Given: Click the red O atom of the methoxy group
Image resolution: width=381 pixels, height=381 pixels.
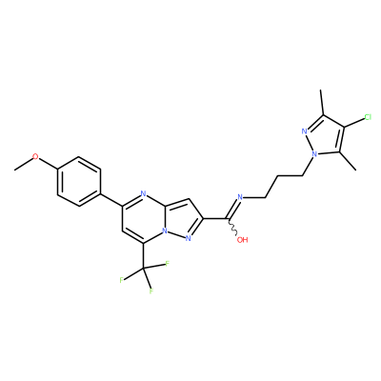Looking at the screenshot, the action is click(x=35, y=157).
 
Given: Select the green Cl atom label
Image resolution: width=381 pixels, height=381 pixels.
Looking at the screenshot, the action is click(x=368, y=117).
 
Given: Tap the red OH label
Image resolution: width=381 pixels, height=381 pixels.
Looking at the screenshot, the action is click(x=243, y=240).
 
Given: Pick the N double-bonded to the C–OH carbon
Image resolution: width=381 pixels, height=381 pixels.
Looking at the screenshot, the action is click(x=240, y=197).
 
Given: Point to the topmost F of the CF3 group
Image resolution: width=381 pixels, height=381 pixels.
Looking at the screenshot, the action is click(x=167, y=264).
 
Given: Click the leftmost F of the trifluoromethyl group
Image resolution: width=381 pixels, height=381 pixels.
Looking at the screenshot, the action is click(x=121, y=280).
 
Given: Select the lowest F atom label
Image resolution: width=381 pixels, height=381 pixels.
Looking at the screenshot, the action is click(x=151, y=291).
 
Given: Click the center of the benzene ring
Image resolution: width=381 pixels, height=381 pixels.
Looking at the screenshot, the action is click(x=79, y=181).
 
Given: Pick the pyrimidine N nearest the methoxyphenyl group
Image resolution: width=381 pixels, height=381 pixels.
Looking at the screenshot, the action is click(x=143, y=193).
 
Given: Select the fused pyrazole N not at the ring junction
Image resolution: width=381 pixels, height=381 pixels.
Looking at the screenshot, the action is click(x=188, y=238).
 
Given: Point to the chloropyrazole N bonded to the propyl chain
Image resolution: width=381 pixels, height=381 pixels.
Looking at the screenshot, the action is click(x=314, y=154).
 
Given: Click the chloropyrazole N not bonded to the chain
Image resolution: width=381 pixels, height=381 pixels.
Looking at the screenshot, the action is click(x=304, y=130).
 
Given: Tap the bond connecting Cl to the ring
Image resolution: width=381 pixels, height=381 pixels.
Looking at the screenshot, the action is click(x=354, y=123).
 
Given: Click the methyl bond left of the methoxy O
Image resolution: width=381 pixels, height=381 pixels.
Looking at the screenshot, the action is click(x=23, y=164).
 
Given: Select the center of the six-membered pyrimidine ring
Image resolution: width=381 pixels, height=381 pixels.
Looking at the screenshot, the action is click(x=143, y=219).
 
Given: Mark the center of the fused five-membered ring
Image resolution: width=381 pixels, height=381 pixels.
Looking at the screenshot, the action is click(x=182, y=220).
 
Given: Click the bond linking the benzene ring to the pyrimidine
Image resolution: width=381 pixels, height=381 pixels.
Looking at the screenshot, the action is click(x=111, y=200).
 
